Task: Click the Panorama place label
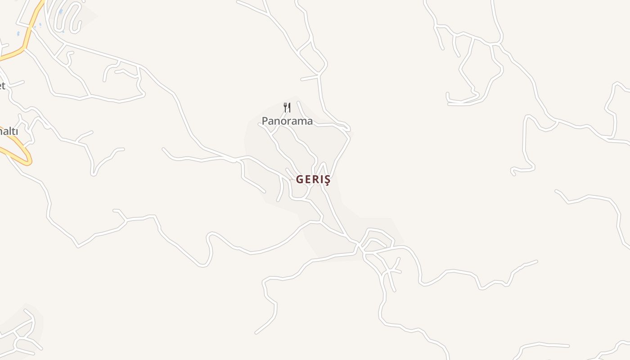pos(287,121)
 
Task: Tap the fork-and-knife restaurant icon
pos(287,107)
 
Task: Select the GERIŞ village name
pos(313,180)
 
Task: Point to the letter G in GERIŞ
pos(300,180)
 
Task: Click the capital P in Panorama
pos(265,121)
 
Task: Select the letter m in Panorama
pos(301,121)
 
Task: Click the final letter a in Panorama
pos(309,121)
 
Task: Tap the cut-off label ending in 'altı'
pos(9,131)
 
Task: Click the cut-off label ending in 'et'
pos(2,85)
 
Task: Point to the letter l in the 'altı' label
pos(8,131)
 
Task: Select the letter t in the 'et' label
pos(4,85)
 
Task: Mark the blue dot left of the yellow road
pos(18,33)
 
